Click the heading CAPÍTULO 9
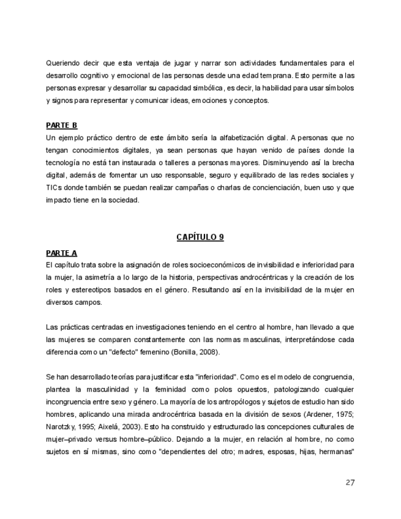[200, 237]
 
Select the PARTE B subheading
[61, 125]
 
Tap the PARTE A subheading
[61, 252]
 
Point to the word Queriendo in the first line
[62, 62]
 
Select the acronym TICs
[54, 187]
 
